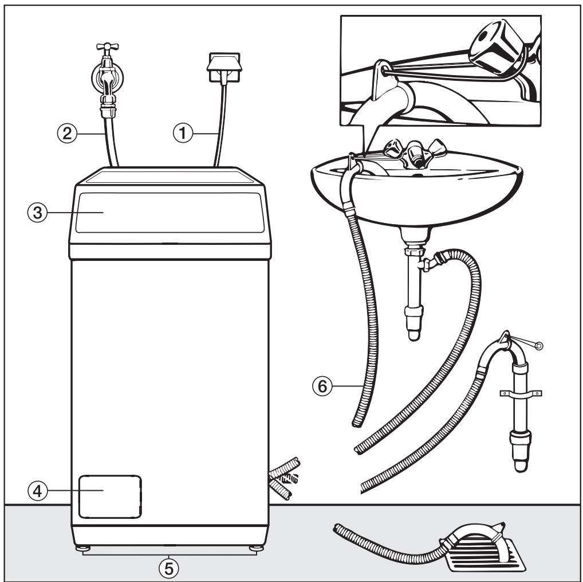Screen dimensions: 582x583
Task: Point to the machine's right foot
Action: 254,549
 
